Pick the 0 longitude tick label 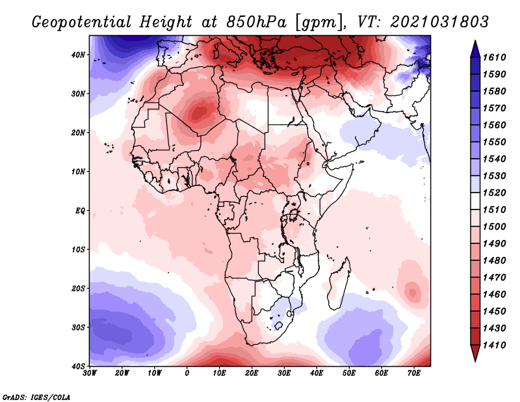point(187,373)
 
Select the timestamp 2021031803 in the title point(440,21)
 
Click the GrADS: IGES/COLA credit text point(36,396)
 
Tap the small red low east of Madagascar point(411,290)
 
